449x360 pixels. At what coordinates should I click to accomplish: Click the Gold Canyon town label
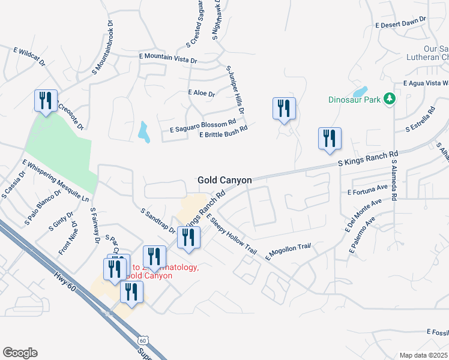(x=224, y=180)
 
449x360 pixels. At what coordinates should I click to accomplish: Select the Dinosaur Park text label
(x=355, y=100)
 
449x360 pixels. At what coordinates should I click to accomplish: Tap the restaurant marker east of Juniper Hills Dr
(x=284, y=109)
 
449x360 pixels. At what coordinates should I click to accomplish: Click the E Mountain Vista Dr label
(x=168, y=58)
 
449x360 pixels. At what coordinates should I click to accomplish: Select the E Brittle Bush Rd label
(x=223, y=131)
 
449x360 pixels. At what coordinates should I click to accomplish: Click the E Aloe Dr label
(x=201, y=93)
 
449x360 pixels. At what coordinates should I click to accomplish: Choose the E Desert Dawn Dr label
(x=400, y=22)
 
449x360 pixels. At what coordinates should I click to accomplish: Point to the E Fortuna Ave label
(x=367, y=190)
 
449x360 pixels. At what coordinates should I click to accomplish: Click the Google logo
(x=20, y=353)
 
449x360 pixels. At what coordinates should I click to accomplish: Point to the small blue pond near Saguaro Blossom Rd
(x=144, y=131)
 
